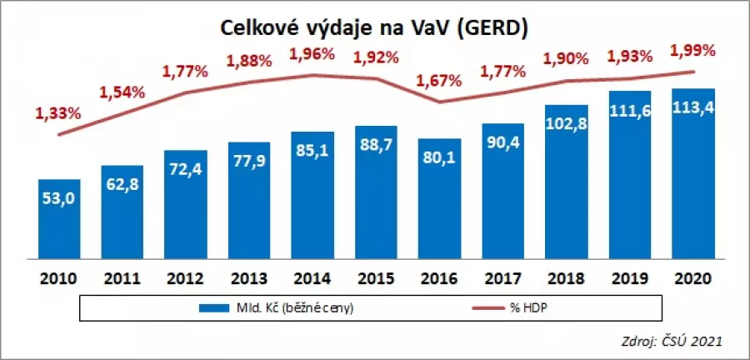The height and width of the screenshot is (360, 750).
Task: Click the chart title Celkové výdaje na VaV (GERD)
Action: (x=374, y=28)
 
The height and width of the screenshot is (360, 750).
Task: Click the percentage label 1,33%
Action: (x=57, y=112)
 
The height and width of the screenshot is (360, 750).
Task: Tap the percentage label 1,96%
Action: (x=311, y=54)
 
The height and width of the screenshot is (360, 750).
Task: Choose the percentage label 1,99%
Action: (x=692, y=51)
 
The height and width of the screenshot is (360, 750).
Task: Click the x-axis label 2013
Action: (x=249, y=277)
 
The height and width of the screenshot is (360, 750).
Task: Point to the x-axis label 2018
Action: (x=566, y=277)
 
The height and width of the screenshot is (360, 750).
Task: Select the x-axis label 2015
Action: (x=376, y=277)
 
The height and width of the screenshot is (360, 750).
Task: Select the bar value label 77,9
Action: (x=249, y=164)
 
